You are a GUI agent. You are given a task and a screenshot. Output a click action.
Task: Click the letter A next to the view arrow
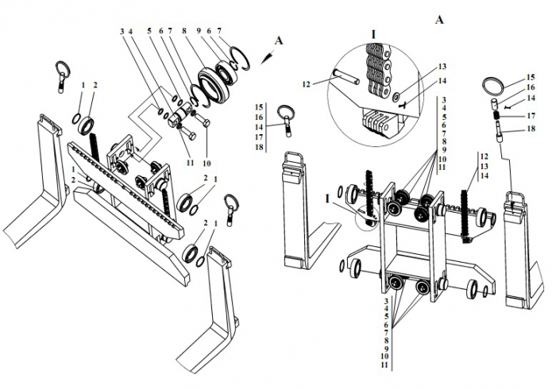279,40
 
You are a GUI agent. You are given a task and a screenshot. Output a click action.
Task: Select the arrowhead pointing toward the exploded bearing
265,59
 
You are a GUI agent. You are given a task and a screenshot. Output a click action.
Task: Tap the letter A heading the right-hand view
439,20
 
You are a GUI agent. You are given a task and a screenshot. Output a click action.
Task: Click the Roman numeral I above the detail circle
373,34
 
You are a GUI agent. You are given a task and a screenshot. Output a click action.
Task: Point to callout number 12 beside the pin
307,84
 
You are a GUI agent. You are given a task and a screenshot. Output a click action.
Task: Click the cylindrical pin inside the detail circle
346,76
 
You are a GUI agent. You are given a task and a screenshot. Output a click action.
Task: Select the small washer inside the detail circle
397,95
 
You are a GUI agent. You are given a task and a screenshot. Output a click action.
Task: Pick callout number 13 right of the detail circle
442,67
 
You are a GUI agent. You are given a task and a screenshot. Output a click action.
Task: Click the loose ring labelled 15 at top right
493,86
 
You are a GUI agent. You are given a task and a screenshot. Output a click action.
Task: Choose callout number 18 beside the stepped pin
531,129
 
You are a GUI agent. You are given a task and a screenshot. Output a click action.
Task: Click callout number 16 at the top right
531,87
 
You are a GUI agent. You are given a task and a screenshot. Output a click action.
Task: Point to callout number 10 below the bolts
207,164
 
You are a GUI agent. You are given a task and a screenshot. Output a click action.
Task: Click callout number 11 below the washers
190,163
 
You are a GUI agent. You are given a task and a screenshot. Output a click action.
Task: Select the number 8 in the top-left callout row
184,31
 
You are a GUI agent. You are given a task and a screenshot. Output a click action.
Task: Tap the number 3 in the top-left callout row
122,31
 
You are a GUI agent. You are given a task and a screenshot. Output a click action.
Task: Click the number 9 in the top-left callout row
199,31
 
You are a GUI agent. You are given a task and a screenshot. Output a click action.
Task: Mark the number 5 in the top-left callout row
149,31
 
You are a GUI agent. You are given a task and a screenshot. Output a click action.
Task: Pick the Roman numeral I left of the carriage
327,199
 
